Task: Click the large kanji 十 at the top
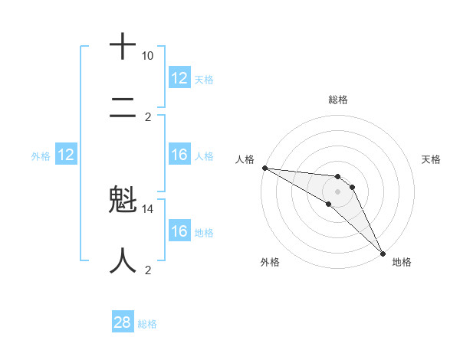coord(123,46)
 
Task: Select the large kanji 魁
coord(123,202)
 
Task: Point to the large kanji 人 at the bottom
coord(123,261)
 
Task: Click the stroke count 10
coord(147,56)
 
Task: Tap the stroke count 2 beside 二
coord(149,117)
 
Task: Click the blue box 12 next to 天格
coord(179,78)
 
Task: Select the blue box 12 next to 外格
coord(66,155)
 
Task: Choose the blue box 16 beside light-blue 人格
coord(179,155)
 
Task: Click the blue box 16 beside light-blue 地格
coord(179,231)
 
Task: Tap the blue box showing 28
coord(123,322)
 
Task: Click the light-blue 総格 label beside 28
coord(147,324)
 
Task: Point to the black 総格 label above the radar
coord(337,100)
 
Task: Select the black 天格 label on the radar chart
coord(431,159)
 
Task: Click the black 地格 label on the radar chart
coord(402,262)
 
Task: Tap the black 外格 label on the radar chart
coord(270,262)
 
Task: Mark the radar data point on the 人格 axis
coord(264,168)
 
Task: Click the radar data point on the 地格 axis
coord(383,252)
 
